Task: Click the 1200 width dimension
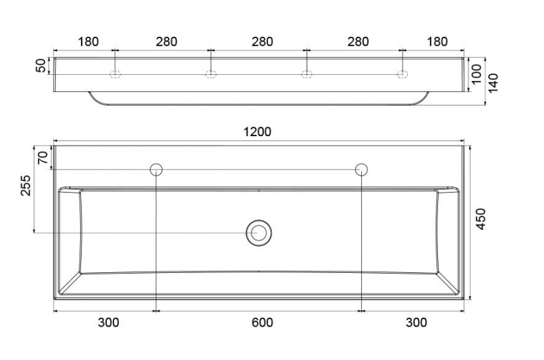[258, 132]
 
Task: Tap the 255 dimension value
[26, 186]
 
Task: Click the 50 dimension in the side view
[41, 65]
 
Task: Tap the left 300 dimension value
[109, 323]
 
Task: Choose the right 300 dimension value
[416, 323]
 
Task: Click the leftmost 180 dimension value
[88, 42]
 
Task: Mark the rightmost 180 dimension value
[437, 42]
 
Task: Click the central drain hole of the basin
[258, 233]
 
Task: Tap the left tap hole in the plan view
[156, 169]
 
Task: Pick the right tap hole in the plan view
[361, 169]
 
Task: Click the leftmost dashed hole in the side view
[116, 73]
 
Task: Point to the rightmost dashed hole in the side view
[403, 73]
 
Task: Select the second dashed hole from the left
[211, 73]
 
